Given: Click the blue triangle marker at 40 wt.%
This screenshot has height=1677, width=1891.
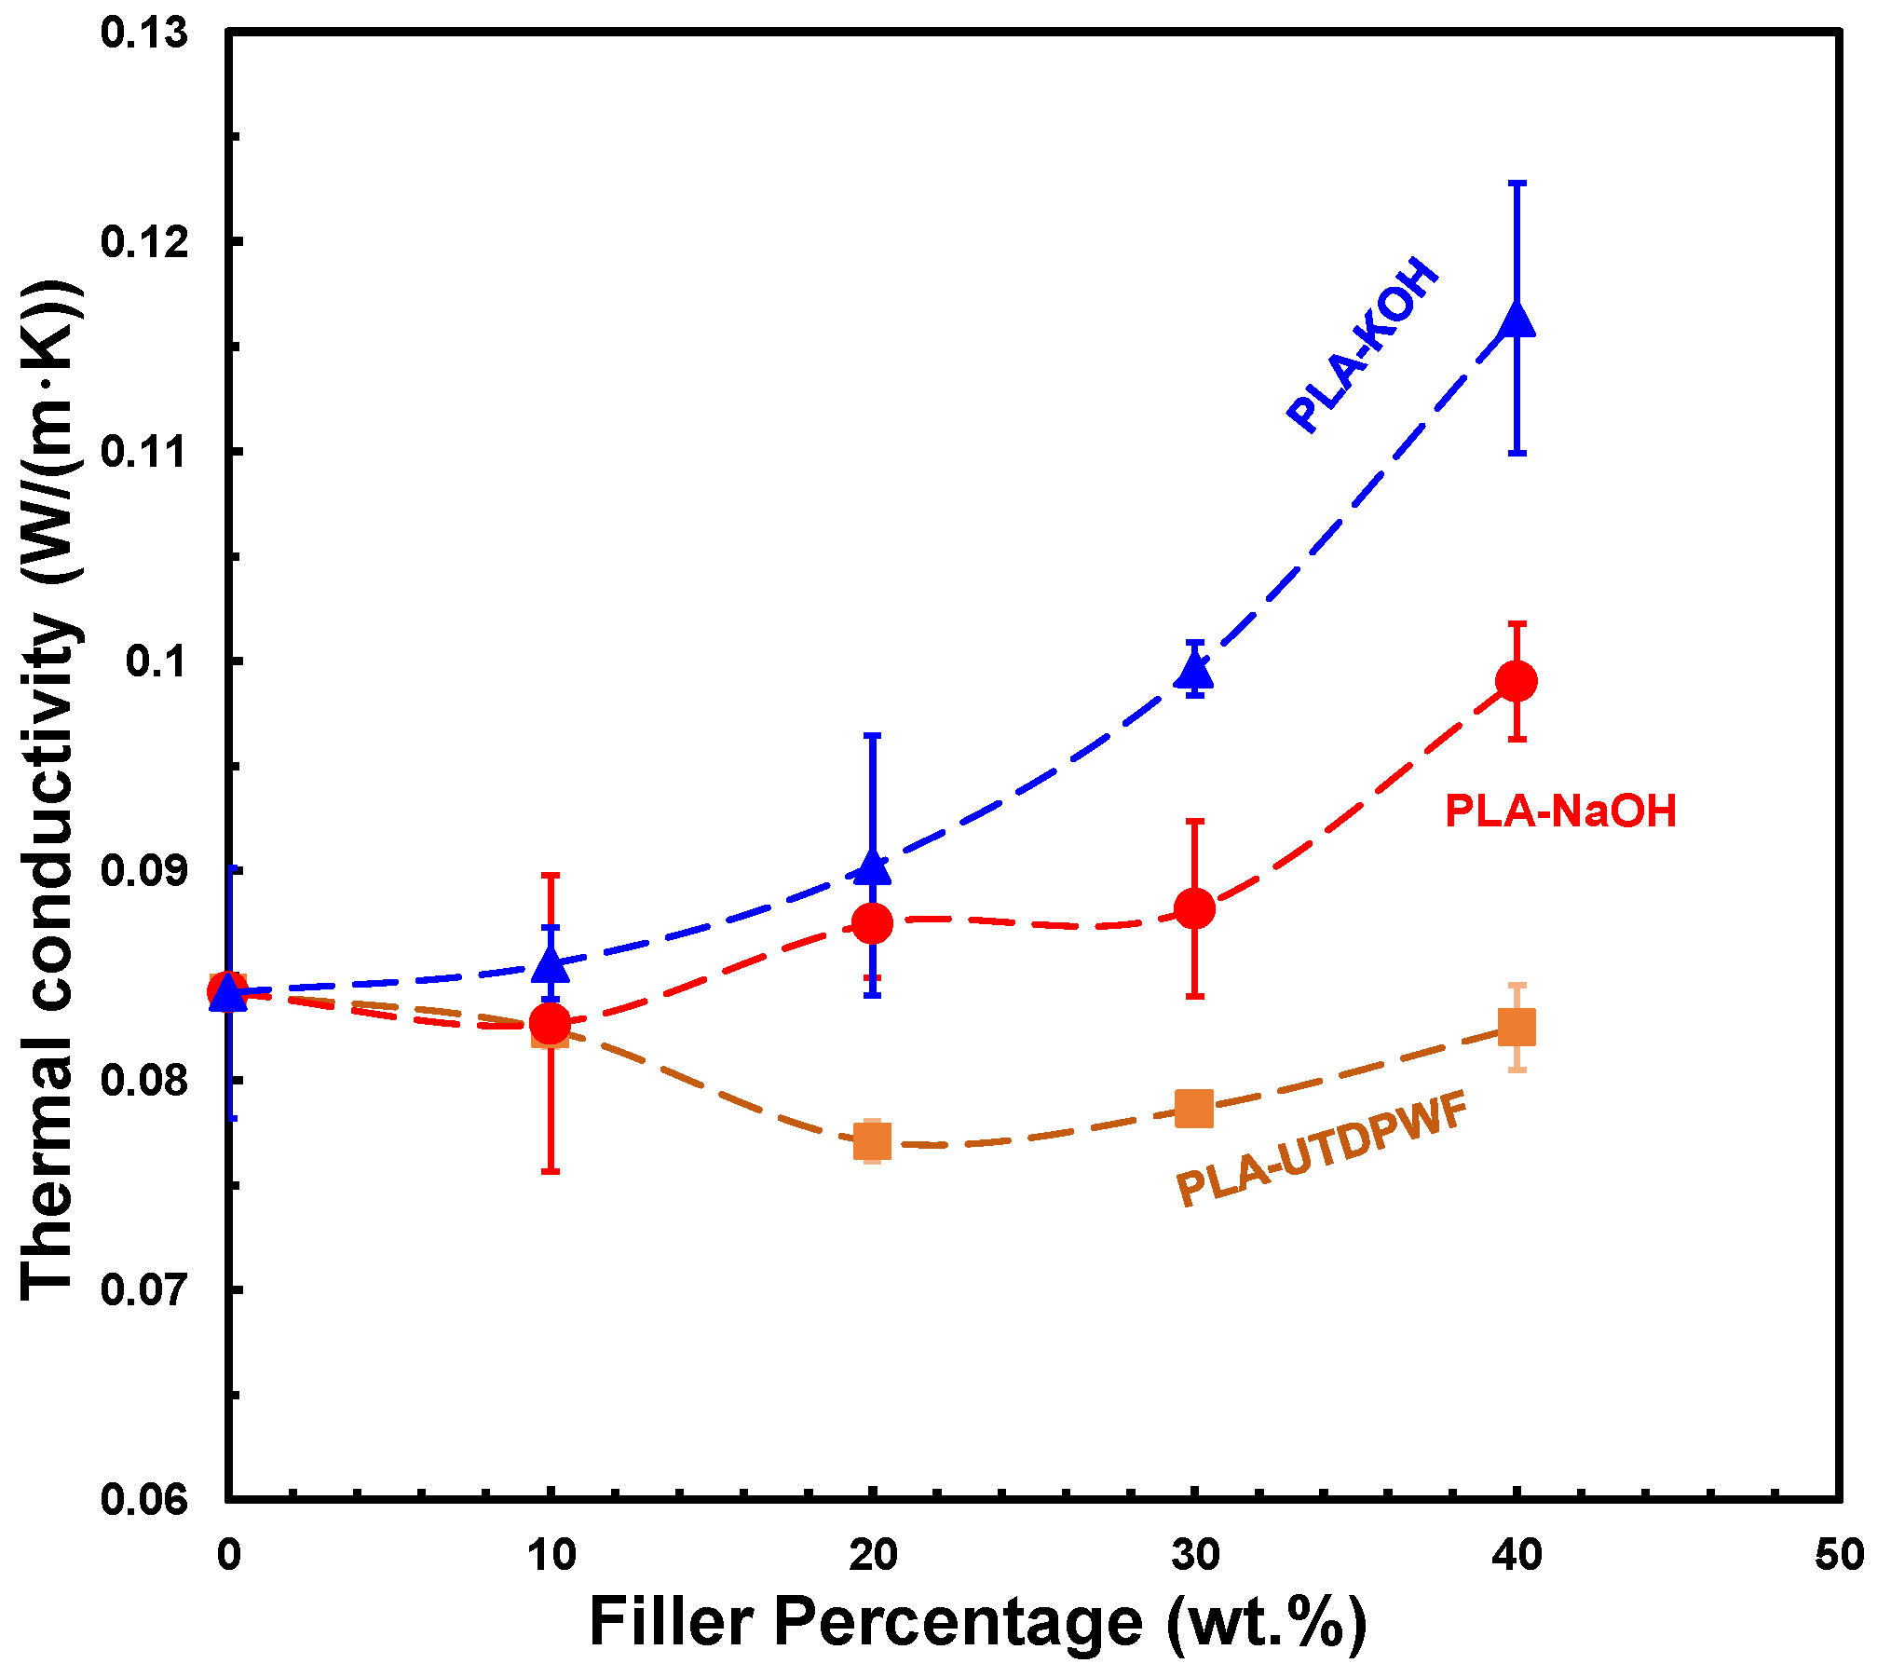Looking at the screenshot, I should point(1517,321).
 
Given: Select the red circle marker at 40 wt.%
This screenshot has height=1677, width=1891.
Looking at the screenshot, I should point(1517,681).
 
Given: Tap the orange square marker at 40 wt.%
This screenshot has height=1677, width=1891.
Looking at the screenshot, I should point(1517,1028).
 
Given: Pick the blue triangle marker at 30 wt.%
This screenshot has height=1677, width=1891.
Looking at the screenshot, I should point(1194,670).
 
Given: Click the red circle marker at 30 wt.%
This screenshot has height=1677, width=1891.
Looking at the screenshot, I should point(1194,907).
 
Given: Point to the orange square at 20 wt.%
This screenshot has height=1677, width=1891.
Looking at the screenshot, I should point(873,1140).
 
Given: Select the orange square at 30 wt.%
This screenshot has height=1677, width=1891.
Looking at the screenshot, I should point(1194,1108).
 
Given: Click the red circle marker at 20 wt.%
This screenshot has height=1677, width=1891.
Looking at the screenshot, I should point(873,923).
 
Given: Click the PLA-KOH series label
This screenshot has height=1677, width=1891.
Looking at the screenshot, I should point(1362,345).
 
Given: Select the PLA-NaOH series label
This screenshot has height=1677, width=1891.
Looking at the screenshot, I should point(1560,811).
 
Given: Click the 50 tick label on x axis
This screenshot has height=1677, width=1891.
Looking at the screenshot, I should point(1839,1555).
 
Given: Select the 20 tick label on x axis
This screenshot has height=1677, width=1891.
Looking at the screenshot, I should point(873,1555).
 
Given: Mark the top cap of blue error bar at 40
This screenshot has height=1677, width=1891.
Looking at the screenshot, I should point(1517,184).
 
